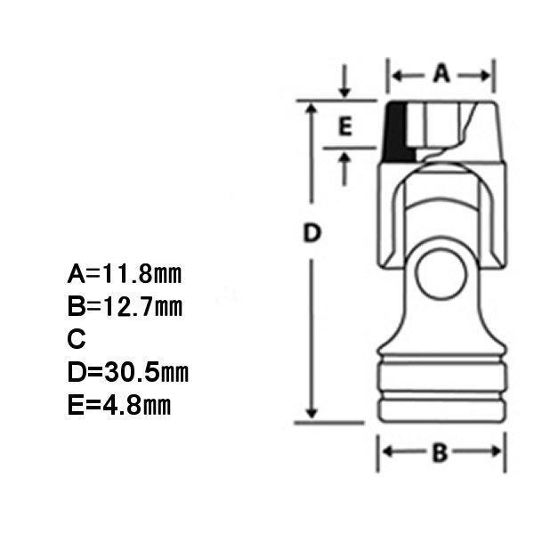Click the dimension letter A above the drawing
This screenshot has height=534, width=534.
point(441,74)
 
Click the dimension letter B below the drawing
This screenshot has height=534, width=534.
point(440,453)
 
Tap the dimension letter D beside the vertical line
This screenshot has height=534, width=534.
point(312,232)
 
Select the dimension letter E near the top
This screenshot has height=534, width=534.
point(345,126)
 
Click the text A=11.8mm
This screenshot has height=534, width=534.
point(125,274)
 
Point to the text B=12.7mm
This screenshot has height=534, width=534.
point(125,306)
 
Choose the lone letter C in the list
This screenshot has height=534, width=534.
point(77,338)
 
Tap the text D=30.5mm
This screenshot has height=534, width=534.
point(128,372)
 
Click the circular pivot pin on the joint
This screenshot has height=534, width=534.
point(441,275)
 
